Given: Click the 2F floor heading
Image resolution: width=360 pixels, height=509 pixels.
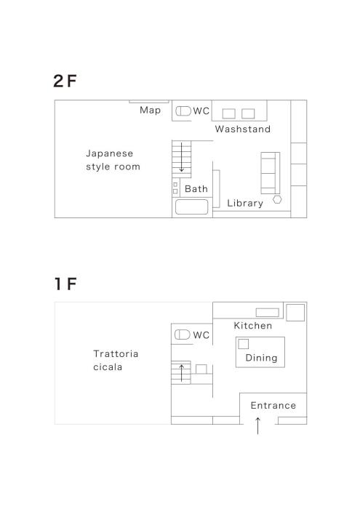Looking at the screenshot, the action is [65, 81].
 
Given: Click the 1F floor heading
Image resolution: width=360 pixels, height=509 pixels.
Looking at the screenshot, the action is [65, 284].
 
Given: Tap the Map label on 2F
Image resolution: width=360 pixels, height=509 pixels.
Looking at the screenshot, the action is [150, 111].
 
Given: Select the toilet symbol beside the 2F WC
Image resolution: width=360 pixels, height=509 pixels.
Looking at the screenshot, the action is [183, 111].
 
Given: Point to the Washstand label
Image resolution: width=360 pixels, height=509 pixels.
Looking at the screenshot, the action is [242, 129].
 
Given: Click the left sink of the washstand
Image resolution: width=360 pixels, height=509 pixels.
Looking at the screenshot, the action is [229, 113].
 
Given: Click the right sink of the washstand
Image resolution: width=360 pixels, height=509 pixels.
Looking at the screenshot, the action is [248, 113].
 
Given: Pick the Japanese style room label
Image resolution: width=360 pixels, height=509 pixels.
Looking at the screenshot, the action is [113, 160].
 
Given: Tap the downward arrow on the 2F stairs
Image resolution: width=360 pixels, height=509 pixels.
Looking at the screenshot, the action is [182, 157].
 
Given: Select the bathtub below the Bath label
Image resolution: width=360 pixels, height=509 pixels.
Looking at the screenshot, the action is [191, 207].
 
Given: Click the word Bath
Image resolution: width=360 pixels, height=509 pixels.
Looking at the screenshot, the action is [196, 188].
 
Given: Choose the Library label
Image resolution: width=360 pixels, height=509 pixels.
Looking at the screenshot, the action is [245, 203].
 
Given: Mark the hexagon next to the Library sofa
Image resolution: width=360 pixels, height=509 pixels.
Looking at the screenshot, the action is [277, 200].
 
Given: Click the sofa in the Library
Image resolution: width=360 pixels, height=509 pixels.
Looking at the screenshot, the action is [271, 173].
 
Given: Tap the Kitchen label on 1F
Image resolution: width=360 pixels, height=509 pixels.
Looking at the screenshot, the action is [253, 326].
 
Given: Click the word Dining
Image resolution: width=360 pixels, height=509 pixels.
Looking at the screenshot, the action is [261, 358].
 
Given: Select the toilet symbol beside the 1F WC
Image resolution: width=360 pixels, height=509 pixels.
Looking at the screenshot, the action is [183, 334].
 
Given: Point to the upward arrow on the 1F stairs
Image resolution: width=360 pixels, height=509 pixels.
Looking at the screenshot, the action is [182, 372].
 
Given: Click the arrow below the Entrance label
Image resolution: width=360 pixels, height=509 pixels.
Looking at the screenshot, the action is [257, 426].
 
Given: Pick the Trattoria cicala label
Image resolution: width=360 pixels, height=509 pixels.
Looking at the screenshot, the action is [116, 361].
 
